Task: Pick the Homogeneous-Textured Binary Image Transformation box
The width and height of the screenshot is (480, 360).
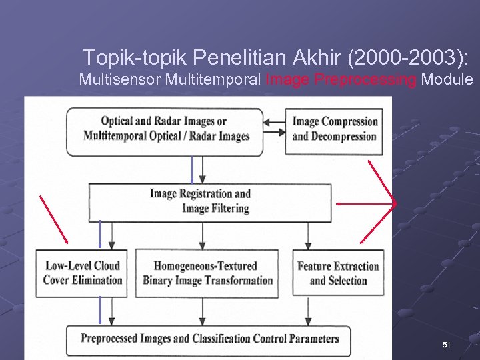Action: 208,273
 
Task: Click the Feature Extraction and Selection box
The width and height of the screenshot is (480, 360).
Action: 338,273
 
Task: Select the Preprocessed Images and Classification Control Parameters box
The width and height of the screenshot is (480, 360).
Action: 210,339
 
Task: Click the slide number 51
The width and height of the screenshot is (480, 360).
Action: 447,345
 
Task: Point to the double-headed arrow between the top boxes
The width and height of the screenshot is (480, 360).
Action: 274,123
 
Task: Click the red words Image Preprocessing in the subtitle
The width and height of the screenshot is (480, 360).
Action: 341,80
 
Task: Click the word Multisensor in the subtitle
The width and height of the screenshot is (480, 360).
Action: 120,80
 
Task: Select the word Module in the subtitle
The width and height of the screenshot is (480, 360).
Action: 447,80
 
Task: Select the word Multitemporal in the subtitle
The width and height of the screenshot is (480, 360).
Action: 213,80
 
